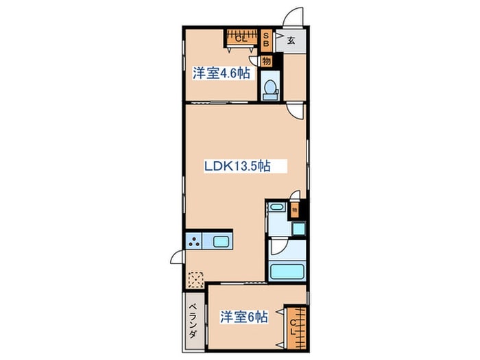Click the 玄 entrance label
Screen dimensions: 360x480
pyautogui.click(x=291, y=40)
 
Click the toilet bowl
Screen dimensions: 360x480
pyautogui.click(x=269, y=88)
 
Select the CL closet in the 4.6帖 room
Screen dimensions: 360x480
pyautogui.click(x=241, y=37)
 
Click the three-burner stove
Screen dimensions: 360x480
pyautogui.click(x=195, y=241)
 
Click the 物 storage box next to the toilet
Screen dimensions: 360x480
pyautogui.click(x=266, y=60)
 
